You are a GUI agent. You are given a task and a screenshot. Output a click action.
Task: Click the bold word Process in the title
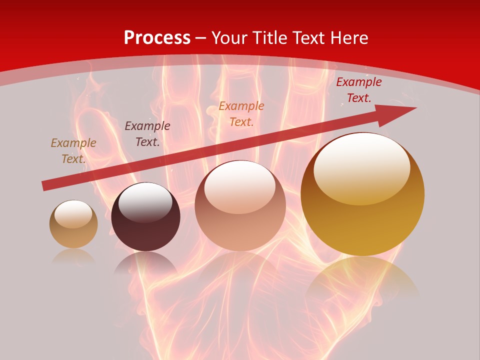(157, 38)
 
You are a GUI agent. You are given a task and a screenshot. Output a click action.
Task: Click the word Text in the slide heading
(309, 38)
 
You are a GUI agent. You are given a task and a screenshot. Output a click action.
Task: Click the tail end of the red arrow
(45, 185)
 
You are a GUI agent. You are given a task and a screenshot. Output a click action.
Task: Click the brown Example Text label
(73, 150)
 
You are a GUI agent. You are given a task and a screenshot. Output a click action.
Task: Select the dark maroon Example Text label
(147, 134)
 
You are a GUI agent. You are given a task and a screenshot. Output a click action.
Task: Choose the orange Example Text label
(241, 113)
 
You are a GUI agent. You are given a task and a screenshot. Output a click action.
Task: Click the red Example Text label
(358, 90)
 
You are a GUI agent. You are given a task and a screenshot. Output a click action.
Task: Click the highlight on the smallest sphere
(73, 214)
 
